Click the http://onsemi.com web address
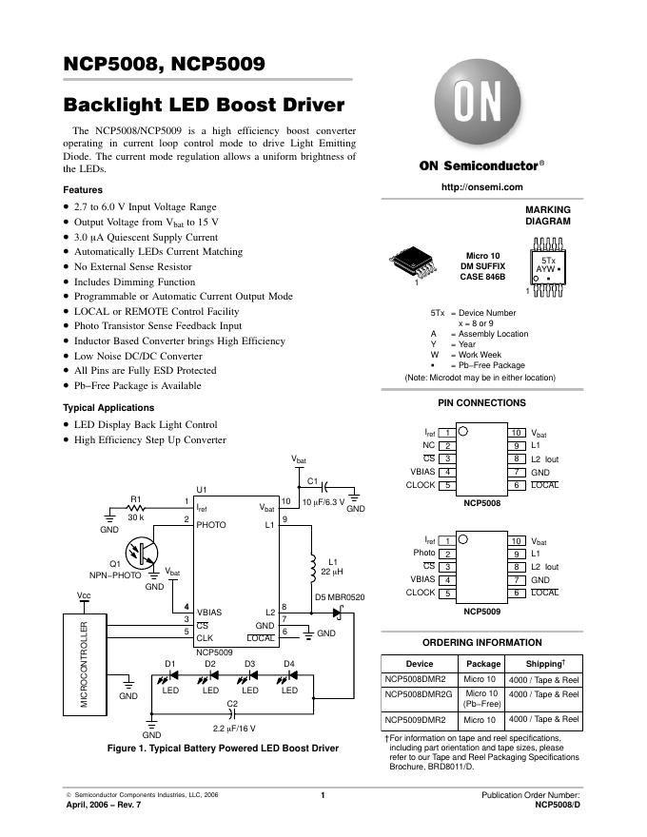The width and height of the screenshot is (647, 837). point(482,186)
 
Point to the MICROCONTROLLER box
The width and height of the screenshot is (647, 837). point(87,667)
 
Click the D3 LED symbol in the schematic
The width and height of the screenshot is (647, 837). point(250,676)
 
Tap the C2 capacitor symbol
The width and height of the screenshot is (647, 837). point(232,713)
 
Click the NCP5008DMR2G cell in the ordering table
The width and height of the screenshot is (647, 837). point(419,694)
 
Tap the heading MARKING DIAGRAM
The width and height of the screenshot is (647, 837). point(548,216)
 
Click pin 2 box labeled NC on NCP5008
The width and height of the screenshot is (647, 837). point(447,445)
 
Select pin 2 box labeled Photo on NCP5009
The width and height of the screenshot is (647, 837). point(447,553)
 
